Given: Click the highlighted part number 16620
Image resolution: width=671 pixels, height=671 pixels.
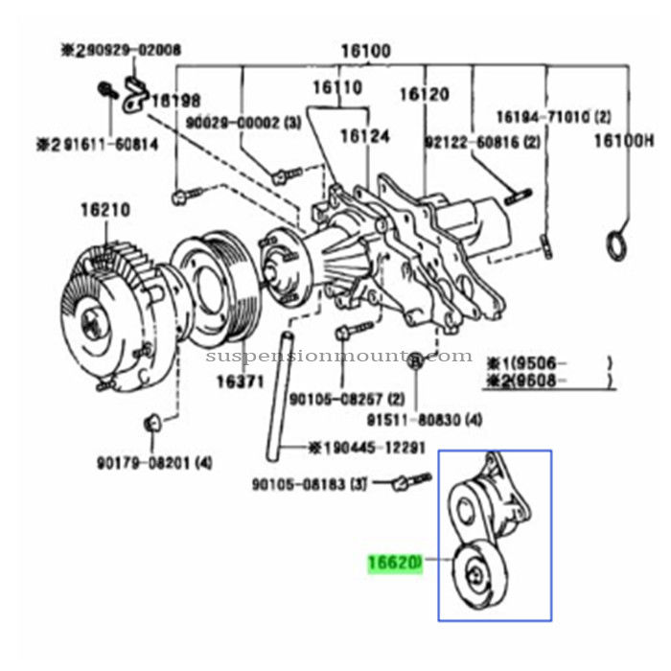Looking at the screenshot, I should click(x=393, y=567).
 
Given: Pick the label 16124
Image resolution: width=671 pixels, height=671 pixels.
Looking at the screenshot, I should click(x=366, y=137).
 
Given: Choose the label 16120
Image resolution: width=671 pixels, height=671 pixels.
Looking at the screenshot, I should click(x=425, y=94).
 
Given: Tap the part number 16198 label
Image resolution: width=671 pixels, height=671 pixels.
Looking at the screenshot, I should click(x=175, y=100).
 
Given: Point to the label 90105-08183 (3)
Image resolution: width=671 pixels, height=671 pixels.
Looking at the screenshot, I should click(x=310, y=484).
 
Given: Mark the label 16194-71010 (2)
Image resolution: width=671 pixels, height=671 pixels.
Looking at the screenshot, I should click(x=553, y=117).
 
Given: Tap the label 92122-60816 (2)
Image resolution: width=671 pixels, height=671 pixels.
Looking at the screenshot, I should click(x=483, y=142).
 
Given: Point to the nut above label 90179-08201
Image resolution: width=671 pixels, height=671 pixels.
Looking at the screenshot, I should click(x=151, y=424).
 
